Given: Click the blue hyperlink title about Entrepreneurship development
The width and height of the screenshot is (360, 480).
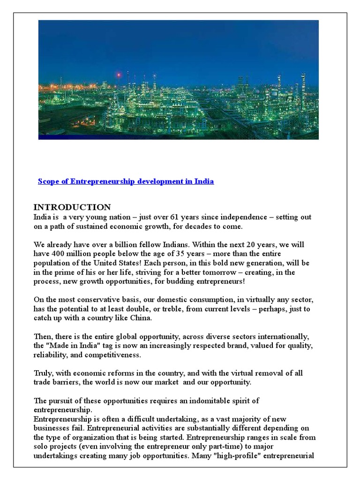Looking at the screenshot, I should (126, 181).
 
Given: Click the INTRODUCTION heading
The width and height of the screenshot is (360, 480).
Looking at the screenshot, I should (72, 207).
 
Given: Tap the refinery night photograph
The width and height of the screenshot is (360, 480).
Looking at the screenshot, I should (178, 80).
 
